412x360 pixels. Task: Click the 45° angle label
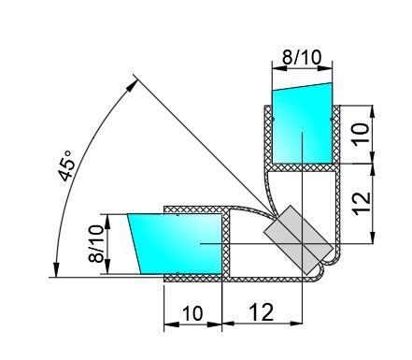[x=66, y=166]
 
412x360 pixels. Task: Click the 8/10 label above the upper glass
[x=302, y=58]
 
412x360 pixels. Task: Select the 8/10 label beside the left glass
[x=95, y=244]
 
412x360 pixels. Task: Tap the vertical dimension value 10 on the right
[x=361, y=134]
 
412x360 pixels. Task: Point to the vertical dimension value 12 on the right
[x=362, y=203]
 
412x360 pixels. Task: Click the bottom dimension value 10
[x=192, y=313]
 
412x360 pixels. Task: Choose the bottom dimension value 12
[x=262, y=312]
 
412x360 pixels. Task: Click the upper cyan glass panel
[x=302, y=124]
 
